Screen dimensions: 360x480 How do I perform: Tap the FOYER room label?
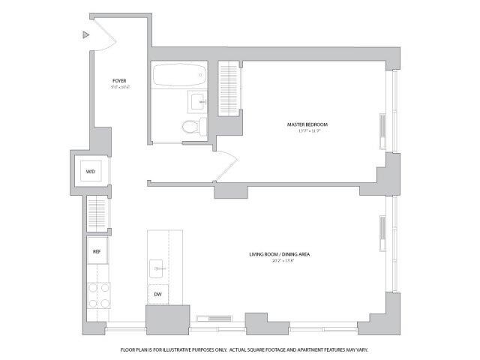click(x=118, y=80)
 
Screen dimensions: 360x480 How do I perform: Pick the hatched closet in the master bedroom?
click(x=228, y=88)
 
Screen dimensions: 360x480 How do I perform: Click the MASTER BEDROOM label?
click(x=307, y=124)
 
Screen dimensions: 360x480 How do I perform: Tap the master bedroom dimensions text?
click(x=307, y=131)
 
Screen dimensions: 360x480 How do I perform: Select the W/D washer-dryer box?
click(x=90, y=172)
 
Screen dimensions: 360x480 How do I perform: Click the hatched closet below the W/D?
click(x=97, y=214)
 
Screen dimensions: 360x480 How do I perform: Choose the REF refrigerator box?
click(x=97, y=251)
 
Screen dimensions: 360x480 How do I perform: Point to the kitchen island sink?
click(x=158, y=265)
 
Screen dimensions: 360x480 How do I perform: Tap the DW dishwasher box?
click(x=158, y=295)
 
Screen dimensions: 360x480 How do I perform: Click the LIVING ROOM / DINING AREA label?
click(x=280, y=255)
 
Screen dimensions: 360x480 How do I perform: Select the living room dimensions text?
click(x=280, y=262)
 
